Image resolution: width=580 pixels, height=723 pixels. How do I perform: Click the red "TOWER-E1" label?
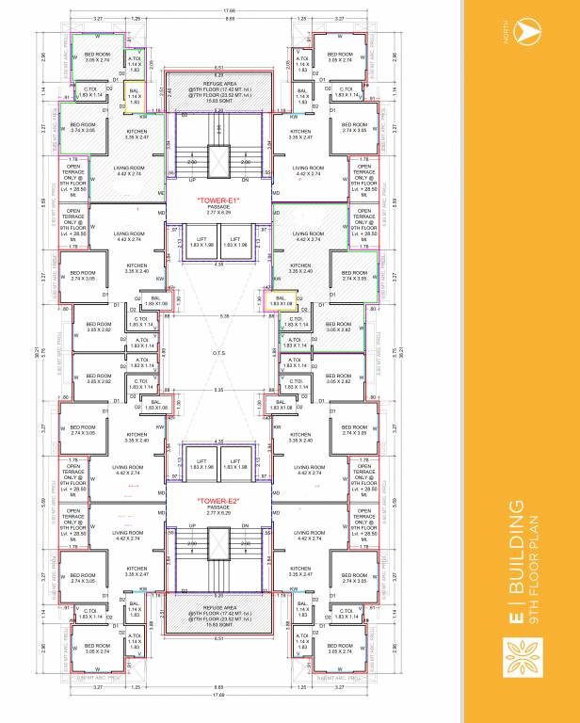pos(218,201)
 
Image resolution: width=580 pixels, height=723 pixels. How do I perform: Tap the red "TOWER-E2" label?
pos(218,500)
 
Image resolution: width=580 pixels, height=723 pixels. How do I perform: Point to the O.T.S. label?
pos(218,355)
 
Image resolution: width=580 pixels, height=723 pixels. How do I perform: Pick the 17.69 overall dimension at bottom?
pos(218,698)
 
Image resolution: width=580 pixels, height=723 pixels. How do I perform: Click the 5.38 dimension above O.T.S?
pos(218,316)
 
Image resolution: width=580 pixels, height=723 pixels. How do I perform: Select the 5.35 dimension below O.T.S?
pos(218,389)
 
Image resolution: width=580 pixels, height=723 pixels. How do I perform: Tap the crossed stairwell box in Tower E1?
pos(218,161)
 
